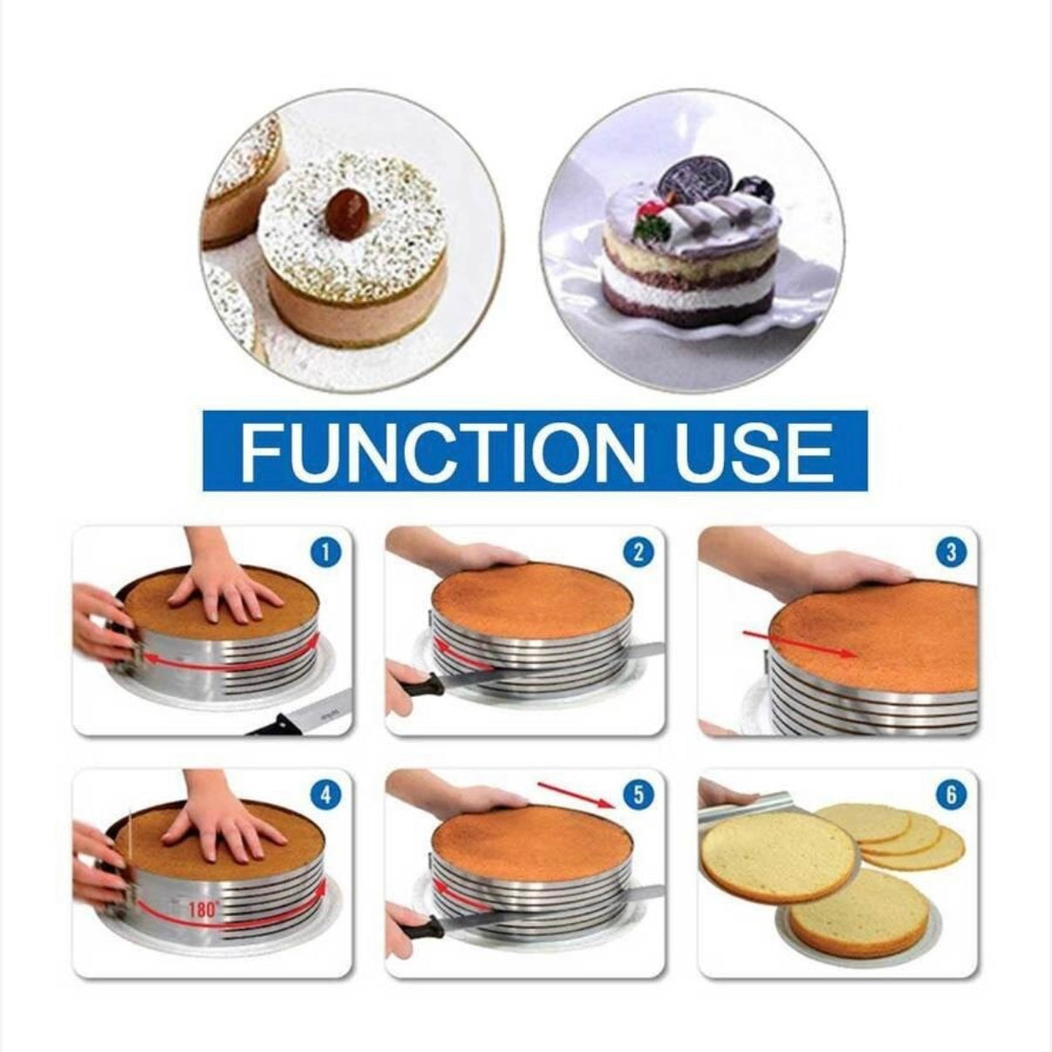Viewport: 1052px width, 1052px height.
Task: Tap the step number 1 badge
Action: coord(326,554)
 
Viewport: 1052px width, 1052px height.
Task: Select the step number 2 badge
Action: coord(637,554)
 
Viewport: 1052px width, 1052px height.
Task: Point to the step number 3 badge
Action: coord(951,554)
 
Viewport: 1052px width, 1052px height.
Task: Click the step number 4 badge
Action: coord(326,796)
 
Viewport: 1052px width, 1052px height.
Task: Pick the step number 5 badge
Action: coord(637,796)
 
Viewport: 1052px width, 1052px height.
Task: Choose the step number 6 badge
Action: coord(951,796)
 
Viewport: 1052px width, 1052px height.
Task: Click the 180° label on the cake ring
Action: coord(204,910)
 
